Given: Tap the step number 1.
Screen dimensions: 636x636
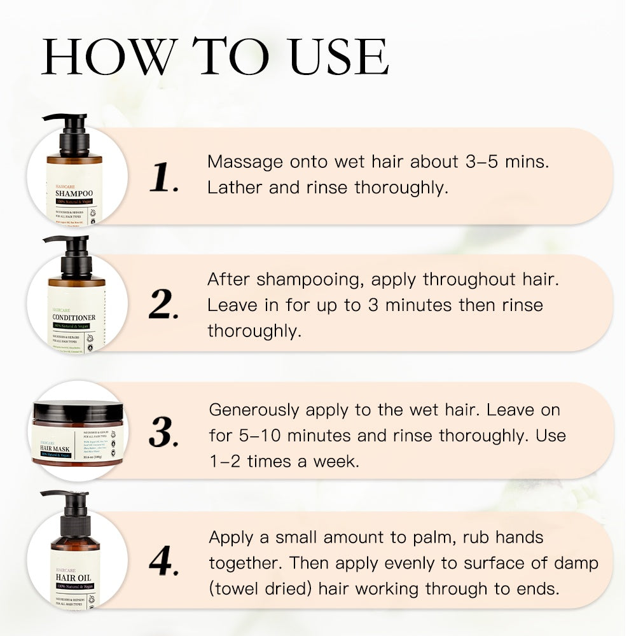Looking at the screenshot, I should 164,177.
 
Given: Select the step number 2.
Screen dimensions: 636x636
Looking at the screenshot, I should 164,306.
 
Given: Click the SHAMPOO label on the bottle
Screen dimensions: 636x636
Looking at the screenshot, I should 74,193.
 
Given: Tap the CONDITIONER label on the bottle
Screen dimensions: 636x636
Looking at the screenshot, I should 74,317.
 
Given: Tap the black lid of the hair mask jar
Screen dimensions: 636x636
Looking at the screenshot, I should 76,409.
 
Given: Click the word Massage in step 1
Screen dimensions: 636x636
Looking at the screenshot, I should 245,162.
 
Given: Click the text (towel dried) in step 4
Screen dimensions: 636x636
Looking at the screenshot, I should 261,588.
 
